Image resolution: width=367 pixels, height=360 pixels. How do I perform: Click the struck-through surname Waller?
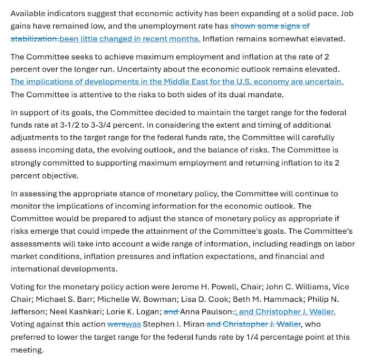(x=287, y=324)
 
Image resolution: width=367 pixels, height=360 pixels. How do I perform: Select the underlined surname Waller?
(x=321, y=312)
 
